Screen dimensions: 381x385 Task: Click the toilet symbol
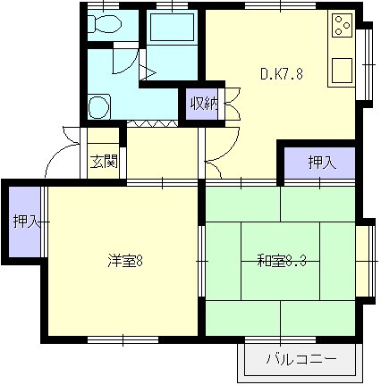pos(105,23)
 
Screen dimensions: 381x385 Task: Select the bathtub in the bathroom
pos(173,27)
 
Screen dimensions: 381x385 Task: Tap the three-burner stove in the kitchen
pos(342,25)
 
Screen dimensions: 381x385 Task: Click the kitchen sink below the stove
pos(342,71)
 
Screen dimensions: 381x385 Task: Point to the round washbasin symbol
pos(99,106)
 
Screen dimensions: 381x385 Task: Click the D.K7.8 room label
pos(282,74)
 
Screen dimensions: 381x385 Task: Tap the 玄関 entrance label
pos(104,162)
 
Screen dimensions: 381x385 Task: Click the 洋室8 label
pos(125,261)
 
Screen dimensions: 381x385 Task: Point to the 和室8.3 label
pos(282,261)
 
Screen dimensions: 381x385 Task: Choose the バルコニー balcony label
pos(301,359)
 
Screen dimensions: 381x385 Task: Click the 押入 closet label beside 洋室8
pos(26,221)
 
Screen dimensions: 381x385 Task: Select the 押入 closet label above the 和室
pos(322,163)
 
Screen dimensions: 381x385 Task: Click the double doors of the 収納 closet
pos(233,104)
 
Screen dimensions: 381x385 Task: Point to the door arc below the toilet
pos(126,60)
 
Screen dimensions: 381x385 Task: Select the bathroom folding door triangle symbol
pos(148,72)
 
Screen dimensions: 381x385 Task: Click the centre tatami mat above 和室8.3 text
pos(281,242)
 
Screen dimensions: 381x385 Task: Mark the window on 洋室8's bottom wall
pos(123,339)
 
